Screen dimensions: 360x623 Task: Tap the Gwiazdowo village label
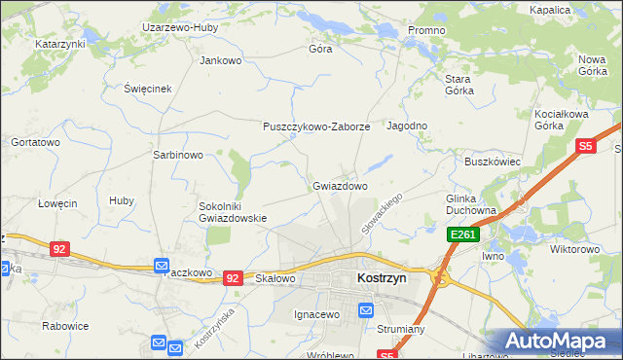pos(340,185)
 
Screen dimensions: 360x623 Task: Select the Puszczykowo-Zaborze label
pos(316,126)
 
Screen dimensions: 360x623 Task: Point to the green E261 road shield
pos(461,235)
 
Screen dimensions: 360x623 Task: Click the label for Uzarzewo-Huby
pos(179,28)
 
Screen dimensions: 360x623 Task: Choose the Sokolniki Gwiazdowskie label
pos(233,212)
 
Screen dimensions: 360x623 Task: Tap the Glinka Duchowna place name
pos(471,204)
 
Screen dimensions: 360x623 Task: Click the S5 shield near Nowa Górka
pos(585,147)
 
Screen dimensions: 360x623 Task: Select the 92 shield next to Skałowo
pos(233,278)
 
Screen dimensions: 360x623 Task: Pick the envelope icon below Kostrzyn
pos(366,310)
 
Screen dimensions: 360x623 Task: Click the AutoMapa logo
pos(553,341)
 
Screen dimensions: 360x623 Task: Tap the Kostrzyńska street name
pos(215,329)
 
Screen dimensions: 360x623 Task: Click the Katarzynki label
pos(60,45)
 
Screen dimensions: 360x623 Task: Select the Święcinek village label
pos(147,89)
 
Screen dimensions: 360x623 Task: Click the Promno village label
pos(426,31)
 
